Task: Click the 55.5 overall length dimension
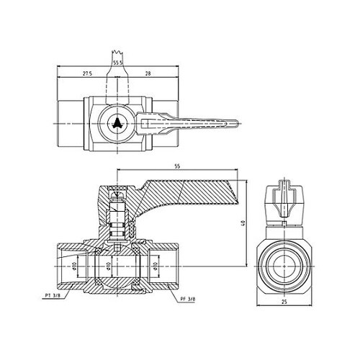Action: pos(117,63)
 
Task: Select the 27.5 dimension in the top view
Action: pos(88,73)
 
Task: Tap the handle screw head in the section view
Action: pos(117,192)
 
